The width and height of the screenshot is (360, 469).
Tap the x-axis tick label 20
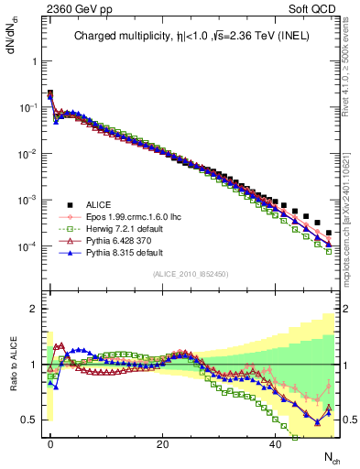pyautogui.click(x=163, y=444)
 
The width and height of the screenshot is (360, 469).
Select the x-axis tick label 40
pyautogui.click(x=276, y=444)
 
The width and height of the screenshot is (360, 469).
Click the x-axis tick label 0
pyautogui.click(x=50, y=444)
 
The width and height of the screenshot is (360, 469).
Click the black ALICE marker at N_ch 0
pyautogui.click(x=50, y=93)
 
